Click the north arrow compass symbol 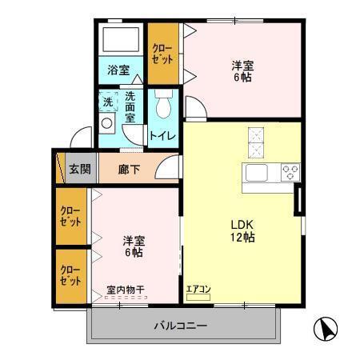tap(327, 328)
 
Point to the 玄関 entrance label tap(79, 169)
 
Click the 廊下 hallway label tap(128, 169)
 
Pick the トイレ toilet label tap(163, 136)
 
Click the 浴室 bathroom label tap(119, 70)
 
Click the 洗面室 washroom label tap(130, 107)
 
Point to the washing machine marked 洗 tap(107, 102)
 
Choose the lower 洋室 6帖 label tap(133, 246)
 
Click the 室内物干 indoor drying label tap(125, 291)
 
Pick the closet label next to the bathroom tap(163, 53)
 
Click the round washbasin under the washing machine tap(107, 124)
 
